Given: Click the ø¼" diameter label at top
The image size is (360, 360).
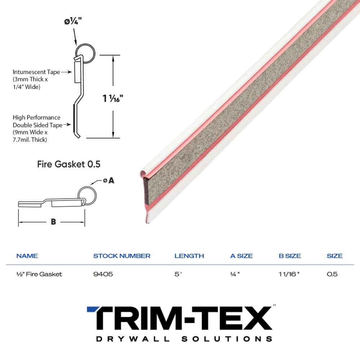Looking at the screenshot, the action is coord(73,21).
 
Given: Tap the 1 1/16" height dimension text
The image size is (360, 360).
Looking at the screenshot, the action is coord(113,99).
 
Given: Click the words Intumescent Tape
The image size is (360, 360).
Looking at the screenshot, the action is coord(36,72).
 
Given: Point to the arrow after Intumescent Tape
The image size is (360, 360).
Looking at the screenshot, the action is coord(67,72).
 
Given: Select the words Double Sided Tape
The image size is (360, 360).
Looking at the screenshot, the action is coord(38,125).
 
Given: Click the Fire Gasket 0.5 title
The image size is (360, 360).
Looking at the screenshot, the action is coord(69,164).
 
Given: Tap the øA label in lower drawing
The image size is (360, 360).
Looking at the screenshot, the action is coord(109,180).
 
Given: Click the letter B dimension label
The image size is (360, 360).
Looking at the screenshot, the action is coord(53,222).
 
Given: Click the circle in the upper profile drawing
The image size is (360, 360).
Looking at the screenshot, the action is coord(85,54).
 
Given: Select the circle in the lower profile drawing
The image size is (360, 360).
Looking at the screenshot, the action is coord(87,195).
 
